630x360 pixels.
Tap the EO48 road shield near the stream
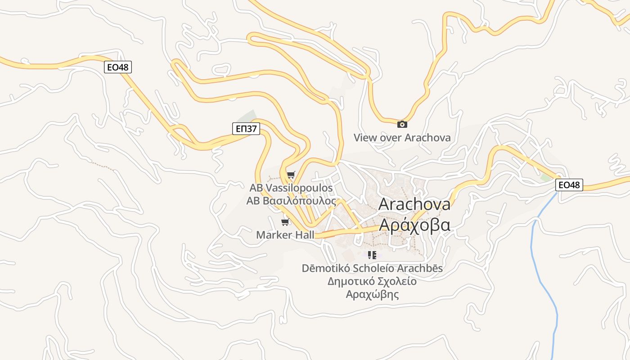coord(569,184)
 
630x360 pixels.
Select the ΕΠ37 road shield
coord(247,129)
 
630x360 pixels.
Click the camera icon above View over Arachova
coord(402,125)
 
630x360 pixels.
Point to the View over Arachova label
coord(402,138)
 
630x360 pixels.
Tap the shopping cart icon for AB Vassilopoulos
coord(291,175)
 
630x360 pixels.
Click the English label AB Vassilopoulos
coord(291,188)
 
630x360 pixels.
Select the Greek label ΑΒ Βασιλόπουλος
coord(291,201)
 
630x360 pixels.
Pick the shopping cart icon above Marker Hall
coord(285,222)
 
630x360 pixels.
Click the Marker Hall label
coord(285,235)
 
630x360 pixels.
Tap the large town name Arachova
coord(414,204)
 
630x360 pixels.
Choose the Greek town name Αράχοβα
coord(414,224)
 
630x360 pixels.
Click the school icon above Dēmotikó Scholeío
coord(372,255)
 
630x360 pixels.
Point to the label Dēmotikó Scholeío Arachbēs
coord(372,269)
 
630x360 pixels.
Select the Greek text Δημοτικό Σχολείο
coord(372,282)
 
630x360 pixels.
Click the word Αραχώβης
coord(372,295)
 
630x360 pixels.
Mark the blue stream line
coord(548,288)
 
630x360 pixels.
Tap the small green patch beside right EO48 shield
coord(546,178)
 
